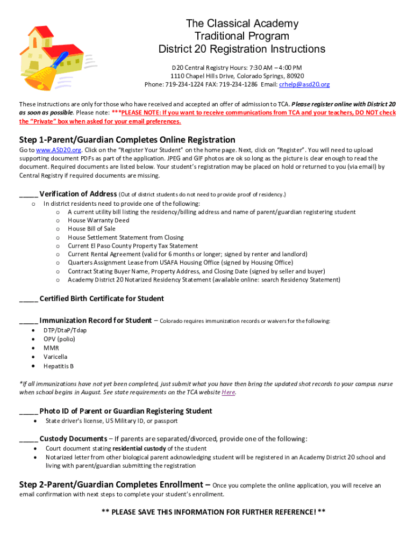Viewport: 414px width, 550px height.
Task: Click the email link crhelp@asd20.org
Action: [304, 84]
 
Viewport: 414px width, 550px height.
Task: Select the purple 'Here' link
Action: [229, 392]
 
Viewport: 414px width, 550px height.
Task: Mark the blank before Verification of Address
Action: [28, 194]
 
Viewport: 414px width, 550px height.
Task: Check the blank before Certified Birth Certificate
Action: [28, 299]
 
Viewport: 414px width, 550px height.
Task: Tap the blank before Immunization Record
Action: [28, 321]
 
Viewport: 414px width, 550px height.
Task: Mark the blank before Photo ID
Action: [28, 411]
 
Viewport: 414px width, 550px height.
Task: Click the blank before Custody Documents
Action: [28, 439]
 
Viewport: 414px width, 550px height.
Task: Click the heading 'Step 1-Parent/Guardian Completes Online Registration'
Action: [127, 140]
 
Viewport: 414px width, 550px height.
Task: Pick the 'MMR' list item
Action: [52, 348]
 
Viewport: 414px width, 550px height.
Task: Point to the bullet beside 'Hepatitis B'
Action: [34, 366]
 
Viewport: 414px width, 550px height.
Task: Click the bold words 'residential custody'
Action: [139, 448]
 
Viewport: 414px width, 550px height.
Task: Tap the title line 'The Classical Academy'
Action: [242, 24]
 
